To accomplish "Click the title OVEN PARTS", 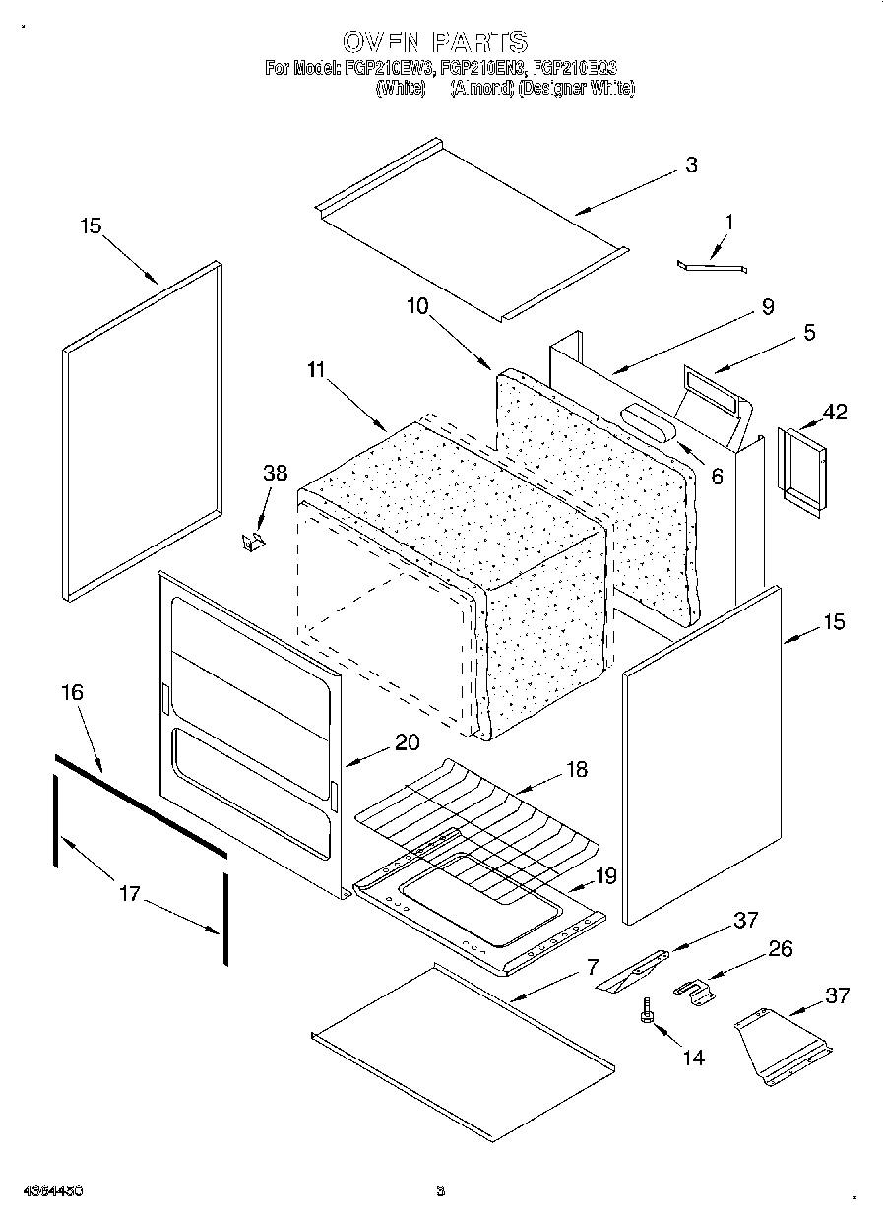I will click(435, 41).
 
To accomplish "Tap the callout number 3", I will click(691, 165).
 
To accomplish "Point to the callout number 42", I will click(834, 413).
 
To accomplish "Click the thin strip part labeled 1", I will click(712, 264).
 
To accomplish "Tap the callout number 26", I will click(780, 949).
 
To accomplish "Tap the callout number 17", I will click(129, 894).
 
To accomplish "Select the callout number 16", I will click(72, 692).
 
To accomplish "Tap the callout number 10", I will click(417, 306).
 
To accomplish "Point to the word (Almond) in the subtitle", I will click(482, 89).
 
